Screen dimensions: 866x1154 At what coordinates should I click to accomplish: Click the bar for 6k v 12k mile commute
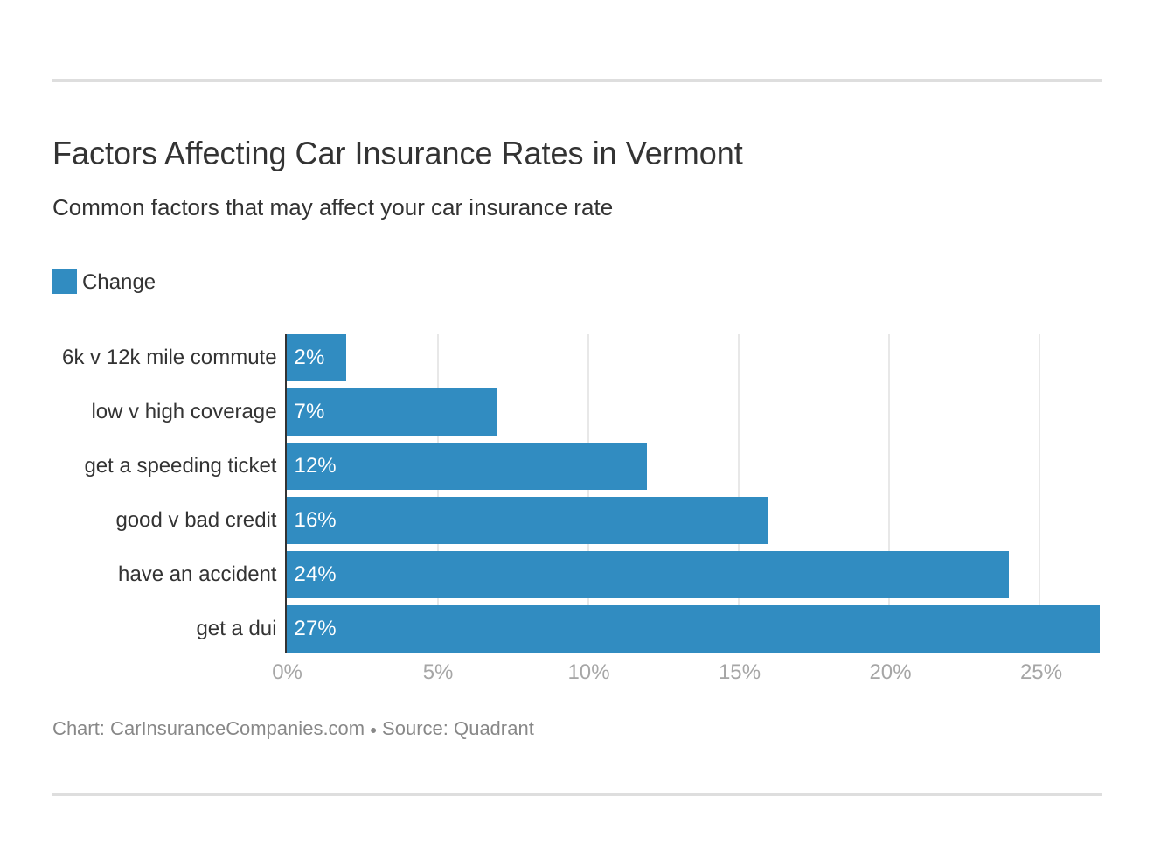pos(316,358)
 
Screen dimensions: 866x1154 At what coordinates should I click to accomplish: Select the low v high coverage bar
pos(392,412)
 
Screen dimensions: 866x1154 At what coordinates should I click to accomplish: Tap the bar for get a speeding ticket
pos(467,466)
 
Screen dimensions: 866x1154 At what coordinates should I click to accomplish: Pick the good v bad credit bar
pos(527,520)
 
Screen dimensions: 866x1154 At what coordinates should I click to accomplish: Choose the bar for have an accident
pos(648,575)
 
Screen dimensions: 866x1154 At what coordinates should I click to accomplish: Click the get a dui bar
pos(692,629)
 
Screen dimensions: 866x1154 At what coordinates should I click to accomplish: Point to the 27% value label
pos(315,629)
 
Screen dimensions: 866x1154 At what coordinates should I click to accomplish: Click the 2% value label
pos(309,358)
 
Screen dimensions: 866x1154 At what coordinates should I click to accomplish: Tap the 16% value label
pos(315,520)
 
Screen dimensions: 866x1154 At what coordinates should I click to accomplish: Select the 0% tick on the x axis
pos(287,672)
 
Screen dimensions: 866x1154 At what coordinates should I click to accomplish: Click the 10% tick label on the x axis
pos(588,672)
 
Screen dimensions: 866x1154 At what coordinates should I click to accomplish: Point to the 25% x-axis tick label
pos(1040,672)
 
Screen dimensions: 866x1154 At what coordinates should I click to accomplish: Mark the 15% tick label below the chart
pos(739,672)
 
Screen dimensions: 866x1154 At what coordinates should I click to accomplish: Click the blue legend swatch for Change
pos(65,282)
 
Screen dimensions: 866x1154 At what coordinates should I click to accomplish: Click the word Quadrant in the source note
pos(493,729)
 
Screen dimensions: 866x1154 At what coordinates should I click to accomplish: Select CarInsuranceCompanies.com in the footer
pos(237,729)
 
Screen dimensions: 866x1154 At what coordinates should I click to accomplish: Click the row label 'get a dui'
pos(236,629)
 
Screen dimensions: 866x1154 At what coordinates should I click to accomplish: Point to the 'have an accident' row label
pos(197,575)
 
